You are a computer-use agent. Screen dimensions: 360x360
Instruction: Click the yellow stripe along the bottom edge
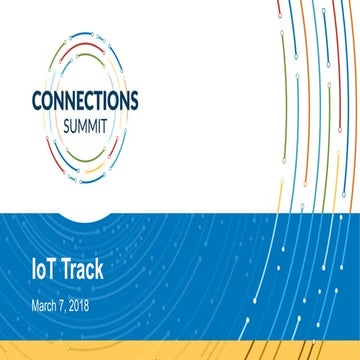tap(180, 353)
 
